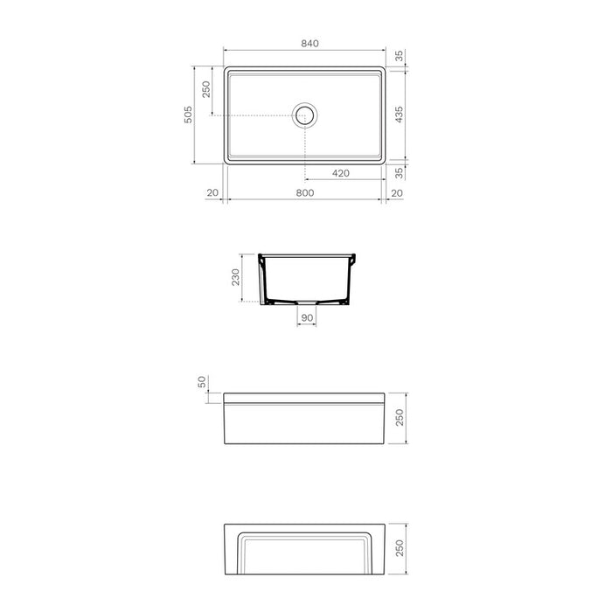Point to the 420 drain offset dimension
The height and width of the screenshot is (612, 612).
[341, 173]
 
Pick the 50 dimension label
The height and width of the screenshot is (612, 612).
[202, 382]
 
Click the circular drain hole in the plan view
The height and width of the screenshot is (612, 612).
[304, 115]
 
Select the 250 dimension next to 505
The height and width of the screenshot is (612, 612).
[207, 91]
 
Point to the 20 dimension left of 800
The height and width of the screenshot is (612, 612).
[212, 193]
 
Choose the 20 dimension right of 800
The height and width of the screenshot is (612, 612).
[397, 193]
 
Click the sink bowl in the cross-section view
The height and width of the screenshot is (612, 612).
[307, 275]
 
